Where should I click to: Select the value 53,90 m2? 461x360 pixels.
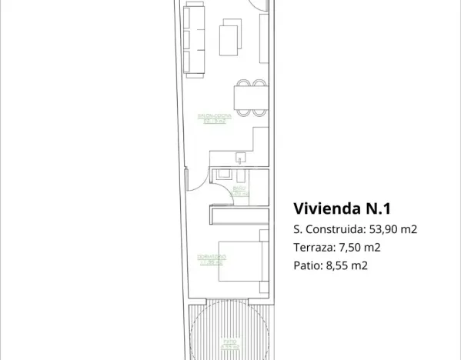point(392,229)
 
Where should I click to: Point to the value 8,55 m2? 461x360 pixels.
point(348,266)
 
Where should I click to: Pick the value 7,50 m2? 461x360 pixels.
point(359,248)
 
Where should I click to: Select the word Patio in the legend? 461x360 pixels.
point(306,266)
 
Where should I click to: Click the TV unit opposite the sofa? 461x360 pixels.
point(264,38)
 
